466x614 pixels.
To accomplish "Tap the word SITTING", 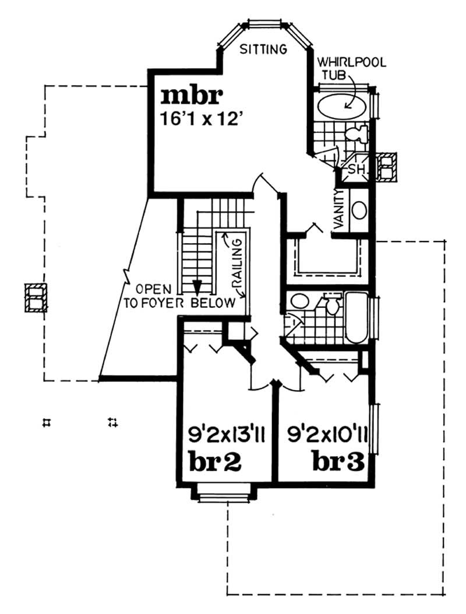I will [264, 49].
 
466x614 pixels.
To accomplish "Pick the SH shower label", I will [356, 169].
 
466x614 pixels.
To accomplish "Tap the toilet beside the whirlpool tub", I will [355, 134].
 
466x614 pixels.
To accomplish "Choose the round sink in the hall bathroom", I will [300, 301].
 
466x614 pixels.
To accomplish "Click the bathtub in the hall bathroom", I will [357, 319].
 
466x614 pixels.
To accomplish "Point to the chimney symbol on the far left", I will [36, 298].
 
